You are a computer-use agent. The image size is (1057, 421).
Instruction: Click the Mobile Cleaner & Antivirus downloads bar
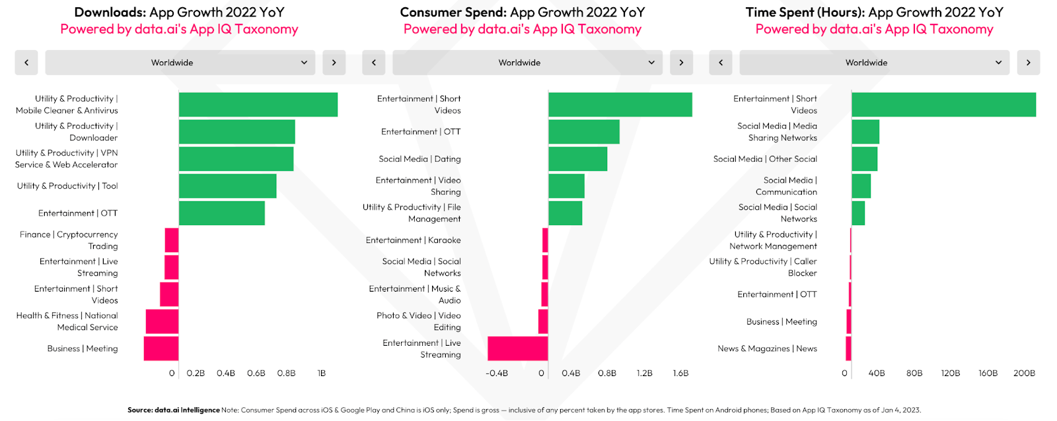258,105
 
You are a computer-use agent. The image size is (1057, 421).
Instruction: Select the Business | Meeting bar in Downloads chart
161,348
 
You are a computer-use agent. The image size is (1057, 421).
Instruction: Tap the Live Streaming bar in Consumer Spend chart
518,348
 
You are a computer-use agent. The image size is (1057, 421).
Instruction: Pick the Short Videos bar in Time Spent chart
944,105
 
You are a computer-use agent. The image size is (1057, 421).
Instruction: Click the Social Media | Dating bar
577,159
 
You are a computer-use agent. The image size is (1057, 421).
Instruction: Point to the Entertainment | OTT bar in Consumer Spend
584,131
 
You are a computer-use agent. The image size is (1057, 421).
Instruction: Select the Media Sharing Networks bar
865,131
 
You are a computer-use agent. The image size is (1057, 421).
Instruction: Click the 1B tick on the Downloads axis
321,373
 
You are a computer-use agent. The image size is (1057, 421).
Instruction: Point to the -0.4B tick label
496,373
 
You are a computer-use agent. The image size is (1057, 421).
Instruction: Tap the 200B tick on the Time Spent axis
1024,373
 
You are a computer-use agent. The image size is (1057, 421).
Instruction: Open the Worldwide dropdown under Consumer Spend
528,63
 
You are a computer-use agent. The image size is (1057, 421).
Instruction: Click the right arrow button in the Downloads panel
334,63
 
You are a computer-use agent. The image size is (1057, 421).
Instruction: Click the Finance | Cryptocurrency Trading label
69,240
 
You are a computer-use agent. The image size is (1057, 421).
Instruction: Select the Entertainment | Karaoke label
413,240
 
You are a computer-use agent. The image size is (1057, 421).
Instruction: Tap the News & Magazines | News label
767,348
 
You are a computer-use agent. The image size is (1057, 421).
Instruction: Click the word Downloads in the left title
110,12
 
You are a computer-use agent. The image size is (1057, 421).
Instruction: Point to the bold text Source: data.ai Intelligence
174,410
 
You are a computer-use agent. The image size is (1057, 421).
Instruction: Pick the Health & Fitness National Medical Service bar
162,321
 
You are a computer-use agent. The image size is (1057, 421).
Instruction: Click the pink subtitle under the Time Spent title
875,29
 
